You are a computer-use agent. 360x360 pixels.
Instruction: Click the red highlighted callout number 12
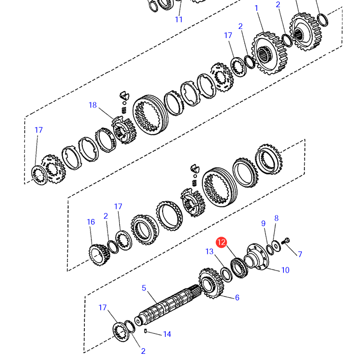pyautogui.click(x=221, y=242)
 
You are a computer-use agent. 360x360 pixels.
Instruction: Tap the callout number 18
pyautogui.click(x=93, y=105)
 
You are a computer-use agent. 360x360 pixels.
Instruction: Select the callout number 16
pyautogui.click(x=91, y=222)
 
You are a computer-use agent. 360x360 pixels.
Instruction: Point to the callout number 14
pyautogui.click(x=167, y=334)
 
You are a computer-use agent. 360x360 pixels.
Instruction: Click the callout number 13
pyautogui.click(x=209, y=251)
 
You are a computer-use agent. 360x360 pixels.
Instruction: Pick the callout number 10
pyautogui.click(x=285, y=270)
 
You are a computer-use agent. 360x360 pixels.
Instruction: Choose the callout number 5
pyautogui.click(x=144, y=288)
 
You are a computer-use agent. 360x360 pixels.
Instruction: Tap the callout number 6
pyautogui.click(x=237, y=298)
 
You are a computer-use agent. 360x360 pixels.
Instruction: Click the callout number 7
pyautogui.click(x=300, y=254)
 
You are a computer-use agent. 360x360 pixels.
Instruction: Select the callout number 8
pyautogui.click(x=277, y=218)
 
